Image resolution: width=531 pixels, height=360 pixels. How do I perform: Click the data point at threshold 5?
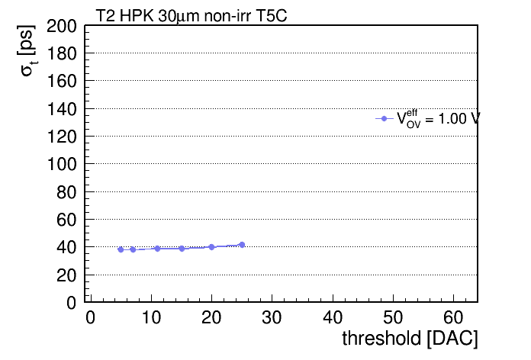(x=121, y=249)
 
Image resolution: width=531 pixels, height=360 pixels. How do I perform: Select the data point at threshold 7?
(x=133, y=249)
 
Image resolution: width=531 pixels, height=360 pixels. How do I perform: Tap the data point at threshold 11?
(x=157, y=249)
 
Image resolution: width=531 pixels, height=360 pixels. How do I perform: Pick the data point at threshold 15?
(x=182, y=249)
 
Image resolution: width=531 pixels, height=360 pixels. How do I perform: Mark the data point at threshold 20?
(x=211, y=247)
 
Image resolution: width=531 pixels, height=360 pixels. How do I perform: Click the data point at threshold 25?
(x=242, y=245)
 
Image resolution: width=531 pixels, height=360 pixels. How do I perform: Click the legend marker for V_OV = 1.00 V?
(x=384, y=118)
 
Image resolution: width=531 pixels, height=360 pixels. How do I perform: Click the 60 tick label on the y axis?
(x=66, y=220)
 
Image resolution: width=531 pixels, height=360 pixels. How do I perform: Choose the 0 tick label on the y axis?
(x=72, y=303)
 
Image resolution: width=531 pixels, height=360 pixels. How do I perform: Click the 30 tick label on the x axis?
(x=272, y=317)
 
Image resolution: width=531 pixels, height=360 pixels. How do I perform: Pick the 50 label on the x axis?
(x=393, y=317)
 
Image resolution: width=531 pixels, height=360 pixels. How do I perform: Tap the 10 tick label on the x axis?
(x=151, y=317)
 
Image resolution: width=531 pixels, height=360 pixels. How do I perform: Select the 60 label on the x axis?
(x=453, y=317)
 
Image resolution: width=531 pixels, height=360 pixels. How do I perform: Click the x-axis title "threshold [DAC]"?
(x=410, y=338)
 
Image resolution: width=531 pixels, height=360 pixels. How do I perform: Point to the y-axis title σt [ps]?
(x=27, y=51)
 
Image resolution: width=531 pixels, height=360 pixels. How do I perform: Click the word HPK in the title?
(x=137, y=15)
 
